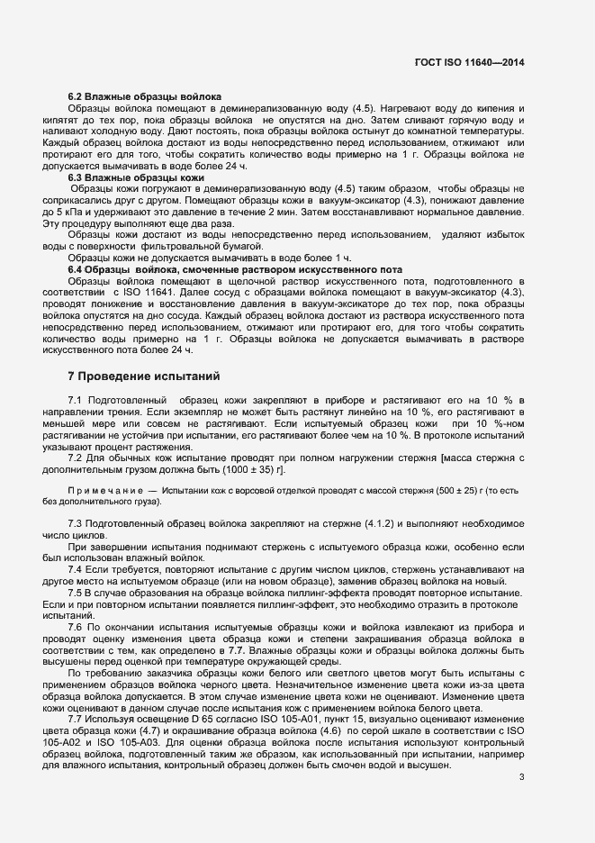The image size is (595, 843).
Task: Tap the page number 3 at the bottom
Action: point(521,776)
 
